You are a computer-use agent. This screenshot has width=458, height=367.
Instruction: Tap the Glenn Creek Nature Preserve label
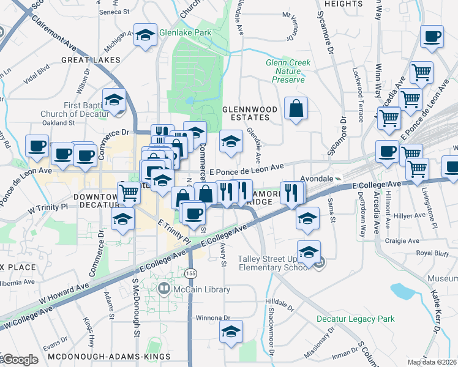(x=288, y=71)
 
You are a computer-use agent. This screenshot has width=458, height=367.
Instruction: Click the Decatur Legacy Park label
(x=355, y=319)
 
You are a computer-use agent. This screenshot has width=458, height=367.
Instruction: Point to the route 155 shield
(x=191, y=271)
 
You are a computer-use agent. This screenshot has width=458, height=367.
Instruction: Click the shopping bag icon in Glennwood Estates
(x=296, y=109)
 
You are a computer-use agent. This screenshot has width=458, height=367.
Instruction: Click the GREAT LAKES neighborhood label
(x=84, y=60)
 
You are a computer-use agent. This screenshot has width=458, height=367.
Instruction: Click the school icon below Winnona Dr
(x=231, y=333)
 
